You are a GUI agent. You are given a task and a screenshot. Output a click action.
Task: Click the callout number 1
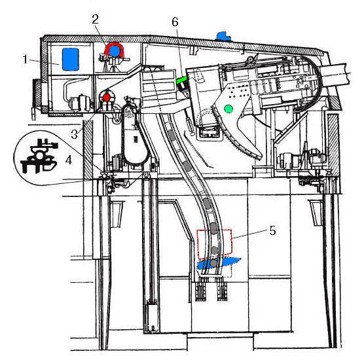pyautogui.click(x=26, y=59)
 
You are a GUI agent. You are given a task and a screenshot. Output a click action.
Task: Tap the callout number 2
pyautogui.click(x=95, y=19)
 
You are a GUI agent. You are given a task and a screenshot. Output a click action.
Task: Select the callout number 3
pyautogui.click(x=74, y=134)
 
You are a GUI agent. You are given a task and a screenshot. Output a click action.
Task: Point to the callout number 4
pyautogui.click(x=69, y=160)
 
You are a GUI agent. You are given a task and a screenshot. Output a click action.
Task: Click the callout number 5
pyautogui.click(x=272, y=230)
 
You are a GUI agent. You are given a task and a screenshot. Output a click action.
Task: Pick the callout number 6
pyautogui.click(x=175, y=22)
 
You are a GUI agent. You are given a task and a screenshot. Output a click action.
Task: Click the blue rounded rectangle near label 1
pyautogui.click(x=71, y=59)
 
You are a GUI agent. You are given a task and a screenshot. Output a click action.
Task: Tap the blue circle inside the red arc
pyautogui.click(x=114, y=51)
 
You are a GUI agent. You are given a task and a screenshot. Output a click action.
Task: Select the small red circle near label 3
pyautogui.click(x=107, y=98)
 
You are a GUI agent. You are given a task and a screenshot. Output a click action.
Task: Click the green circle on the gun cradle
pyautogui.click(x=228, y=109)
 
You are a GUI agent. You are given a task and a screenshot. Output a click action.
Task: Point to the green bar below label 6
pyautogui.click(x=182, y=81)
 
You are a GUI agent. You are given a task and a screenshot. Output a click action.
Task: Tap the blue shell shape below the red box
pyautogui.click(x=218, y=264)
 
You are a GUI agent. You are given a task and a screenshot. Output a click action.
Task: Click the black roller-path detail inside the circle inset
pyautogui.click(x=39, y=156)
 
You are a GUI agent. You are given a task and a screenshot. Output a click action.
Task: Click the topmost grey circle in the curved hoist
pyautogui.click(x=171, y=134)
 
